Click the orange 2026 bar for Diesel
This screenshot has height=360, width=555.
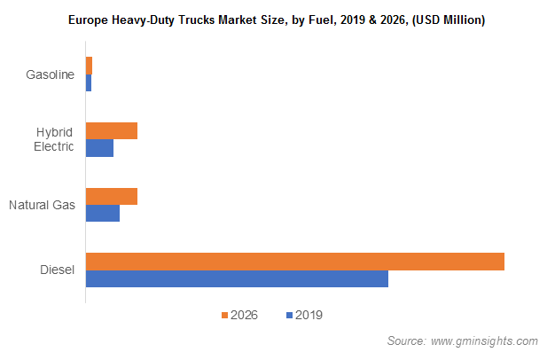(x=294, y=262)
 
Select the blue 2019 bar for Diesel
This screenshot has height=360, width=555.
(x=237, y=279)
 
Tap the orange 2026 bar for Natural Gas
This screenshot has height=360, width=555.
(x=112, y=197)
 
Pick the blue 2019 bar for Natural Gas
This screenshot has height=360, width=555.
(x=103, y=214)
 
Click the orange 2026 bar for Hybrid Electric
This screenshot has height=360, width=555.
(x=112, y=131)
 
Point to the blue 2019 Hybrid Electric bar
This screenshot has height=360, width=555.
(x=99, y=148)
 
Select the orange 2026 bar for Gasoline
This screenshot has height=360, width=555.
(x=89, y=66)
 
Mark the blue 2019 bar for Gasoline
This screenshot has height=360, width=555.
(x=89, y=82)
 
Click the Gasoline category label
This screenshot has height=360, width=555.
(x=50, y=74)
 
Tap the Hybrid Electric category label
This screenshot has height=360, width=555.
(x=54, y=139)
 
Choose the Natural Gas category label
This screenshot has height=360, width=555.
(x=42, y=206)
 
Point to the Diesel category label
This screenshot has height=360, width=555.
(x=57, y=270)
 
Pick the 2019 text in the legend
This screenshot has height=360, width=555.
(x=308, y=315)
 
